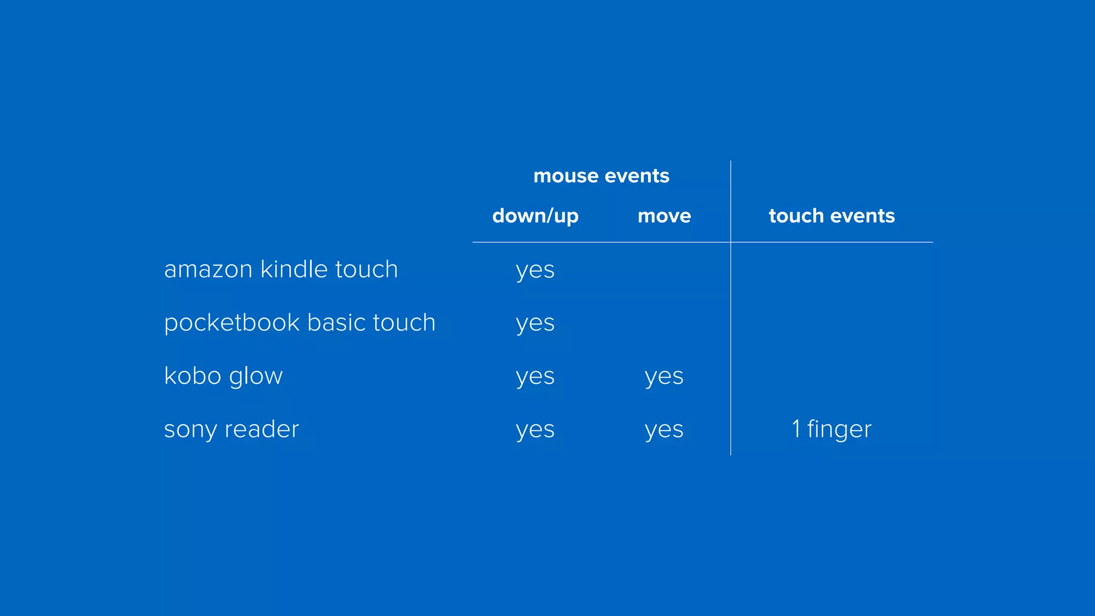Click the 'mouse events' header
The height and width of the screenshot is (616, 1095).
point(601,176)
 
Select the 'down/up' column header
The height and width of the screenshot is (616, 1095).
point(535,216)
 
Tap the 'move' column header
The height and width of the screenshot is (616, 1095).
point(664,216)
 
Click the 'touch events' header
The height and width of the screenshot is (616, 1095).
point(831,216)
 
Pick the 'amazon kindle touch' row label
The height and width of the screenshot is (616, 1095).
point(281,269)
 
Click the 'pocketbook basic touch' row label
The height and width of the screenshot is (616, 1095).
point(299,322)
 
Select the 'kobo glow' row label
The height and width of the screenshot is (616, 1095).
point(223,376)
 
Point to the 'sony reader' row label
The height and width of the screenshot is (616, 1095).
point(231,429)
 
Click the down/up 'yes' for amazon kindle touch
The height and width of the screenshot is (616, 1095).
point(535,270)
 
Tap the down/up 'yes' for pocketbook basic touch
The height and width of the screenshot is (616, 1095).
point(535,324)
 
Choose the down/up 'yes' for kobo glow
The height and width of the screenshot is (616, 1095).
point(535,377)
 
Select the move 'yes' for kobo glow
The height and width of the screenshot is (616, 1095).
point(664,377)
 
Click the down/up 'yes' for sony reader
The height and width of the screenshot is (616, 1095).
point(535,430)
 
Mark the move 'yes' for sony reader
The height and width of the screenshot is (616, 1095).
point(664,430)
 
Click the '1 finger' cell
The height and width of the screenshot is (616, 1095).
point(831,429)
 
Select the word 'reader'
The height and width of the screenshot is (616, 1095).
point(261,429)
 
